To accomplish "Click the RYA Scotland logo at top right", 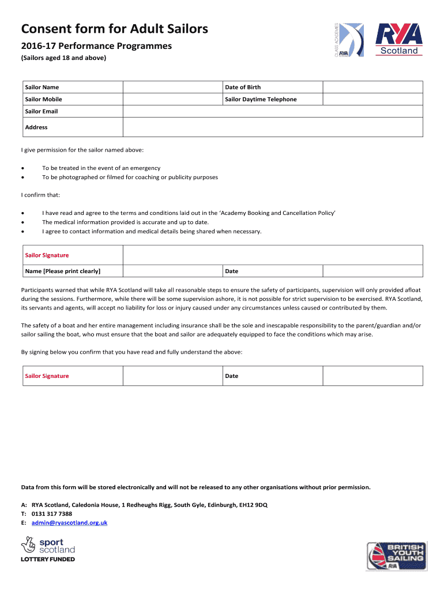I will point(398,40).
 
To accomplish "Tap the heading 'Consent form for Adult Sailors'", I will point(114,29).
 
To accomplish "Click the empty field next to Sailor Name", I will point(173,87).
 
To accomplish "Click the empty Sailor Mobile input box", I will point(173,99).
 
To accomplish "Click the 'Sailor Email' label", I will point(42,111).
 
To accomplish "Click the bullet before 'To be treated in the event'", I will point(22,168).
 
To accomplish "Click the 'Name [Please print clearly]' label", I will point(63,271).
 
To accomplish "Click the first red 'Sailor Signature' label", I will point(47,255).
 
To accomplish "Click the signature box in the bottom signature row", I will point(173,376).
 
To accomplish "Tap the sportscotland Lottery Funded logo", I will point(48,550).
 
